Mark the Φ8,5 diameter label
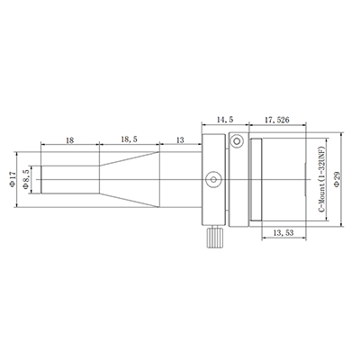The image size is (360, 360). click(x=28, y=179)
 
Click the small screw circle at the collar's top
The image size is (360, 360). click(x=238, y=142)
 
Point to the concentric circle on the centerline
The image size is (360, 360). click(x=212, y=180)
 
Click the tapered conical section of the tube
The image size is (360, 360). click(x=126, y=180)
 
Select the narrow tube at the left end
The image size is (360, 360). click(x=67, y=180)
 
